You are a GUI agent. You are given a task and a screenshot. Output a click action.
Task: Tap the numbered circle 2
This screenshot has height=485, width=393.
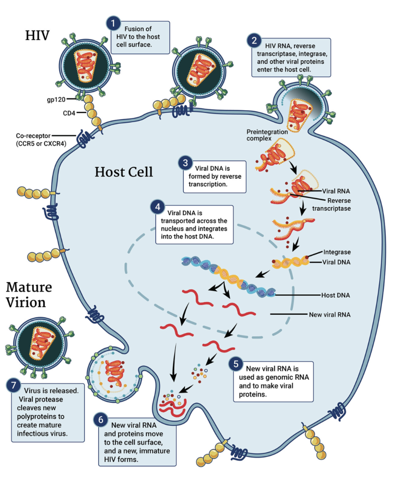254,41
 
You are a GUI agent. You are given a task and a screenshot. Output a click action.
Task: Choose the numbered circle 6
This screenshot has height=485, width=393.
101,420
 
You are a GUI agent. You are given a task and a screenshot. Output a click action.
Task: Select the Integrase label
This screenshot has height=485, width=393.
336,253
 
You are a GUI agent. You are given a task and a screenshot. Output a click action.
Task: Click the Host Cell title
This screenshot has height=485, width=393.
124,172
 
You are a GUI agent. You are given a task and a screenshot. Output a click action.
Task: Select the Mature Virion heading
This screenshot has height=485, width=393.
29,295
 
